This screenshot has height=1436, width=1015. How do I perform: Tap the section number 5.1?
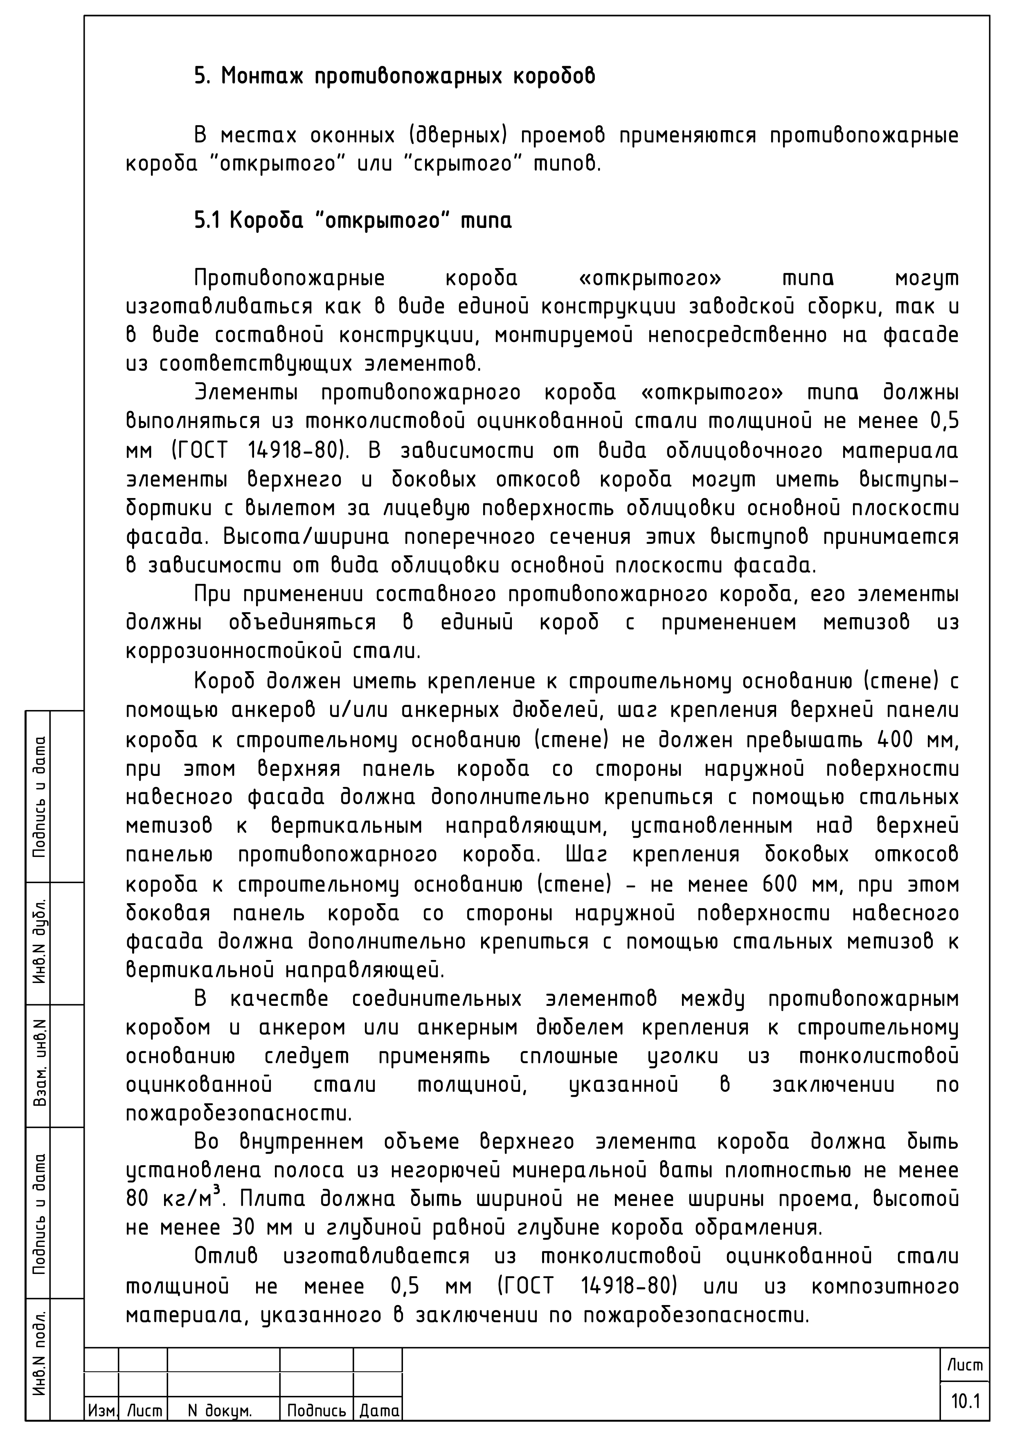pyautogui.click(x=206, y=221)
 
